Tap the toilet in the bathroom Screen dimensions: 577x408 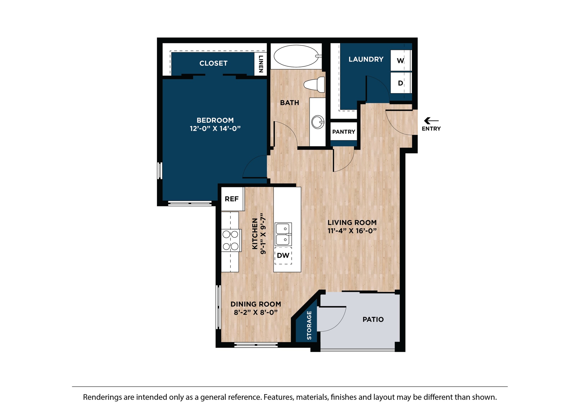[314, 84]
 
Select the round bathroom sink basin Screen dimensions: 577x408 [318, 122]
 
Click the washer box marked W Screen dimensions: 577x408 [400, 61]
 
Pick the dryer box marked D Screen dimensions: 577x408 [400, 83]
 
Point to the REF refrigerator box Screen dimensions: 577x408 [233, 199]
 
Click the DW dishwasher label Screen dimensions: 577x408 [283, 255]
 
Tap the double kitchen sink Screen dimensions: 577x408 [283, 234]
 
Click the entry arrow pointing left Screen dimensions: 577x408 [431, 121]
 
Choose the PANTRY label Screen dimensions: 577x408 [344, 132]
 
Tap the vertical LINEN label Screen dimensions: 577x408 [261, 64]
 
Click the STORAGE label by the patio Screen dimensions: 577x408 [309, 325]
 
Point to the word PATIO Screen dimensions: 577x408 [373, 319]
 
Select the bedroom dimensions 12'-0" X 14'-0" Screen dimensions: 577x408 [215, 129]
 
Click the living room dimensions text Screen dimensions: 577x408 [352, 231]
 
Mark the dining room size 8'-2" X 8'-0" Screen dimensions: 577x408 [256, 312]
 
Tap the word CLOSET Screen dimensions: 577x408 [213, 63]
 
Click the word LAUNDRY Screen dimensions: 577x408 [366, 59]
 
